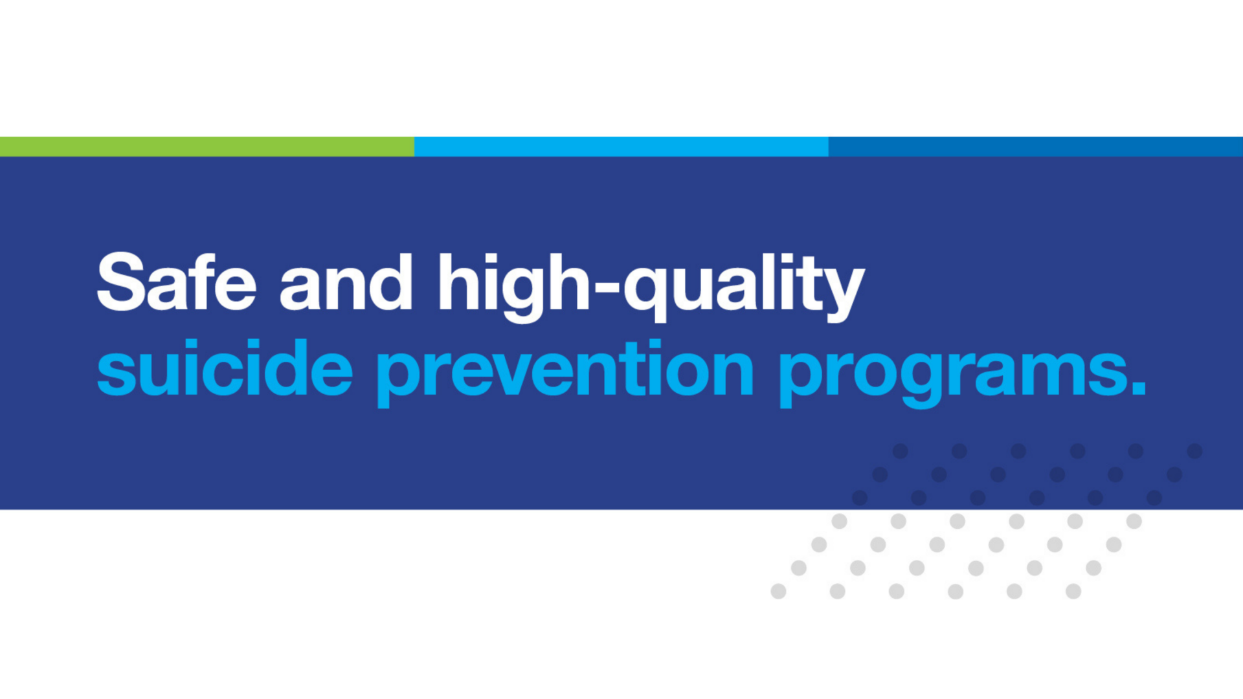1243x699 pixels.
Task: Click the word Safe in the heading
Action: tap(177, 282)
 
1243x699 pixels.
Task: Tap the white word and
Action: tap(346, 282)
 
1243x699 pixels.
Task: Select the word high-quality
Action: tap(651, 287)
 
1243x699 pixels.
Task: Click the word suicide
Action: tap(225, 367)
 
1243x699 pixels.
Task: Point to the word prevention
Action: tap(565, 372)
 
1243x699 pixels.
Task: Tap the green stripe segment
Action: tap(207, 146)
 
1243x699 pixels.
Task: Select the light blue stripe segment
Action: tap(621, 146)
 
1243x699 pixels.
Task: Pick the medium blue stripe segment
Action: tap(1036, 146)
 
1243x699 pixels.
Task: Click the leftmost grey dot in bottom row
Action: tap(778, 591)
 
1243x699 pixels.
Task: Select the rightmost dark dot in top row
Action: tap(1195, 451)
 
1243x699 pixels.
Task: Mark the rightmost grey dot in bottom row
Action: tap(1073, 591)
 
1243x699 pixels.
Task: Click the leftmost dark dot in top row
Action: tap(900, 451)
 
